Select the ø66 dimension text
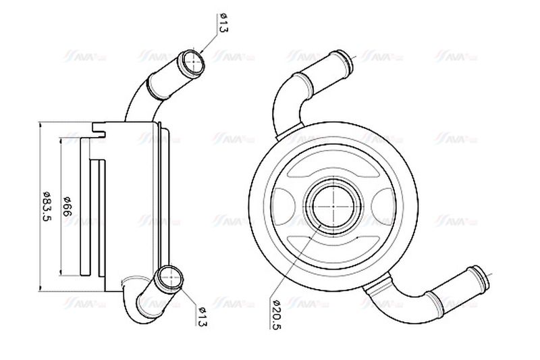(x=67, y=205)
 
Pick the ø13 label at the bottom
(x=202, y=315)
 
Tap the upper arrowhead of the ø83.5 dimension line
(x=41, y=126)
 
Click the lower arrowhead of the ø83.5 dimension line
(x=41, y=286)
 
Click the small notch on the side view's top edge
(x=101, y=126)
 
